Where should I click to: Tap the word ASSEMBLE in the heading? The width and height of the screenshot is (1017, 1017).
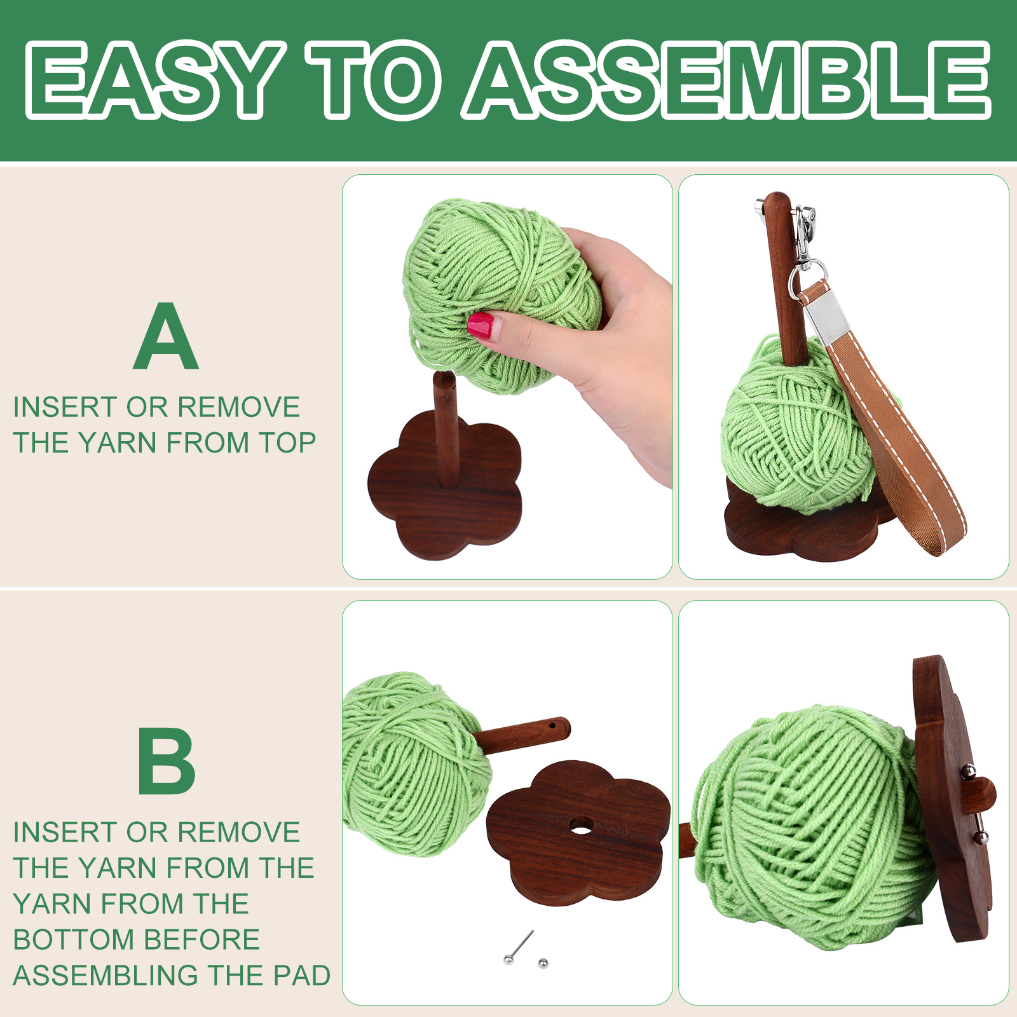pos(727,80)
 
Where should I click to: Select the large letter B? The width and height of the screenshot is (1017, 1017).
pos(167,761)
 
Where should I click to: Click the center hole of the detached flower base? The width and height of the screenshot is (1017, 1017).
pos(580,826)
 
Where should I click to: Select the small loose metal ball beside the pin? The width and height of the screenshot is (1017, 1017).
pos(543,964)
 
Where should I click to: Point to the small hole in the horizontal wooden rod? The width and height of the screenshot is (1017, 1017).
pos(552,725)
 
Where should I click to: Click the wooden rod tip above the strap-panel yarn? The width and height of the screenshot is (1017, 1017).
pos(777,200)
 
